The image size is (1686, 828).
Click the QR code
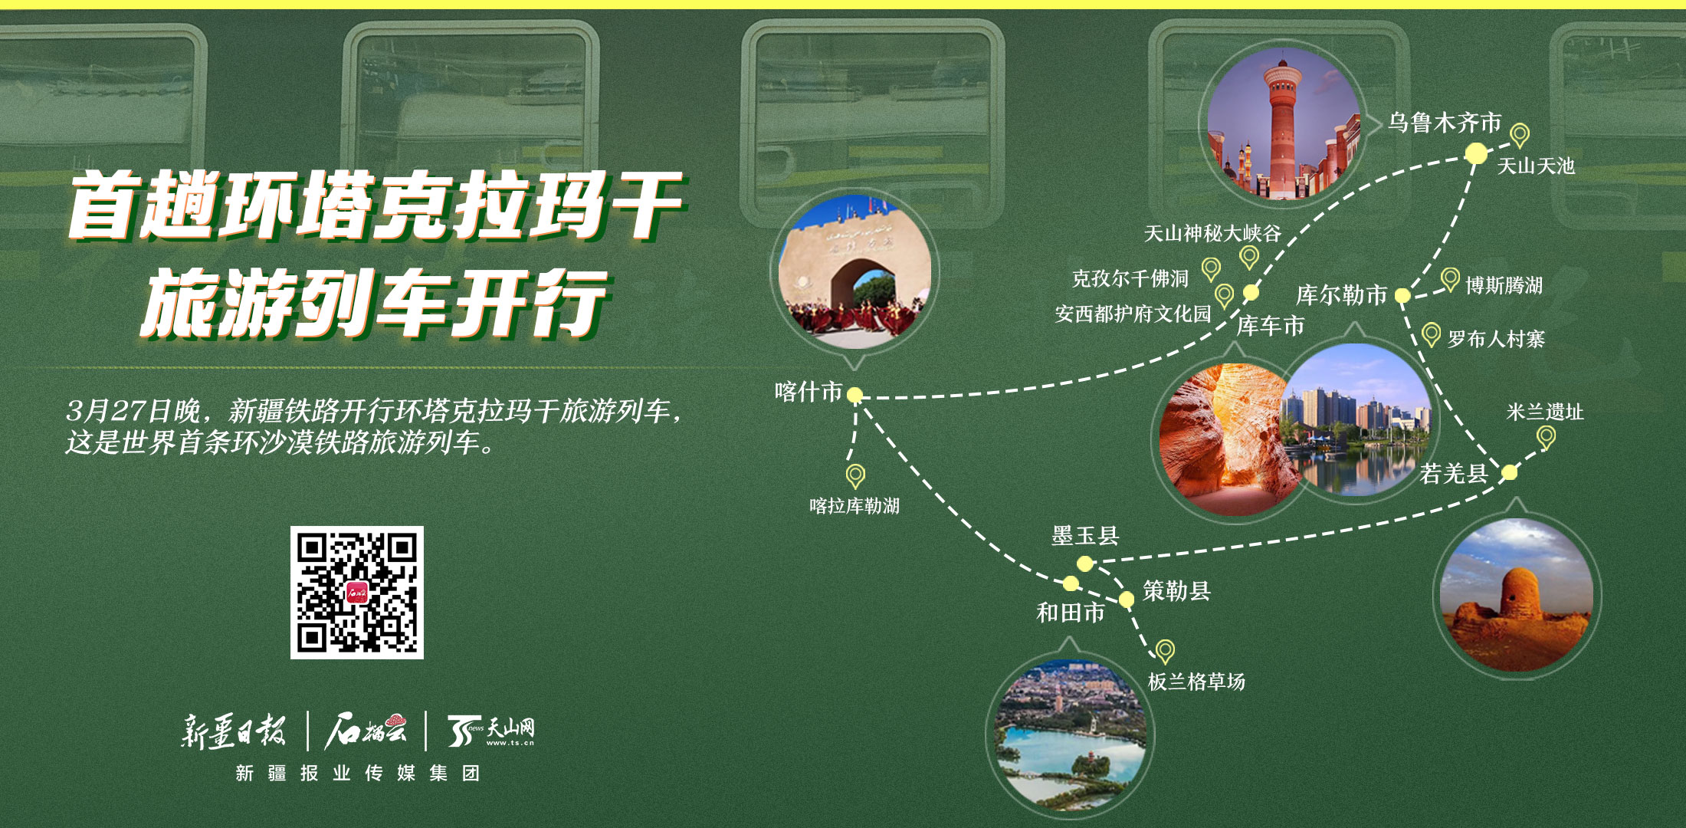(357, 592)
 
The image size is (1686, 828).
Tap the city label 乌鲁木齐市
(1445, 123)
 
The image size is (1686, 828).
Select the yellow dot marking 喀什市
(855, 395)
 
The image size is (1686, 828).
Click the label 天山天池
(1536, 166)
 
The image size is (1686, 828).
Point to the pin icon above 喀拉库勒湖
(855, 476)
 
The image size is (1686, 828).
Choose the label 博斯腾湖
(1504, 285)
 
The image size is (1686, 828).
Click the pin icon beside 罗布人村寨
(1431, 335)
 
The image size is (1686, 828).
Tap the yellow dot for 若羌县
(1509, 472)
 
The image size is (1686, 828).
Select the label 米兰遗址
(1545, 412)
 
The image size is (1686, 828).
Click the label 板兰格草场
(1196, 682)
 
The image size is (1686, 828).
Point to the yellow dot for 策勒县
(1127, 599)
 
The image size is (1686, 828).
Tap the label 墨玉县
(1085, 536)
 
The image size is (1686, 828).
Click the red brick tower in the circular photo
(1284, 127)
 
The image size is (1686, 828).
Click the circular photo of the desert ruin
(1517, 595)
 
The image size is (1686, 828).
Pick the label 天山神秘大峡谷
(1212, 233)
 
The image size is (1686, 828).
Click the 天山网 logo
(490, 731)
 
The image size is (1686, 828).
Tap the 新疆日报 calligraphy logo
(234, 731)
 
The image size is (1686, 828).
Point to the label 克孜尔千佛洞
(1130, 278)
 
